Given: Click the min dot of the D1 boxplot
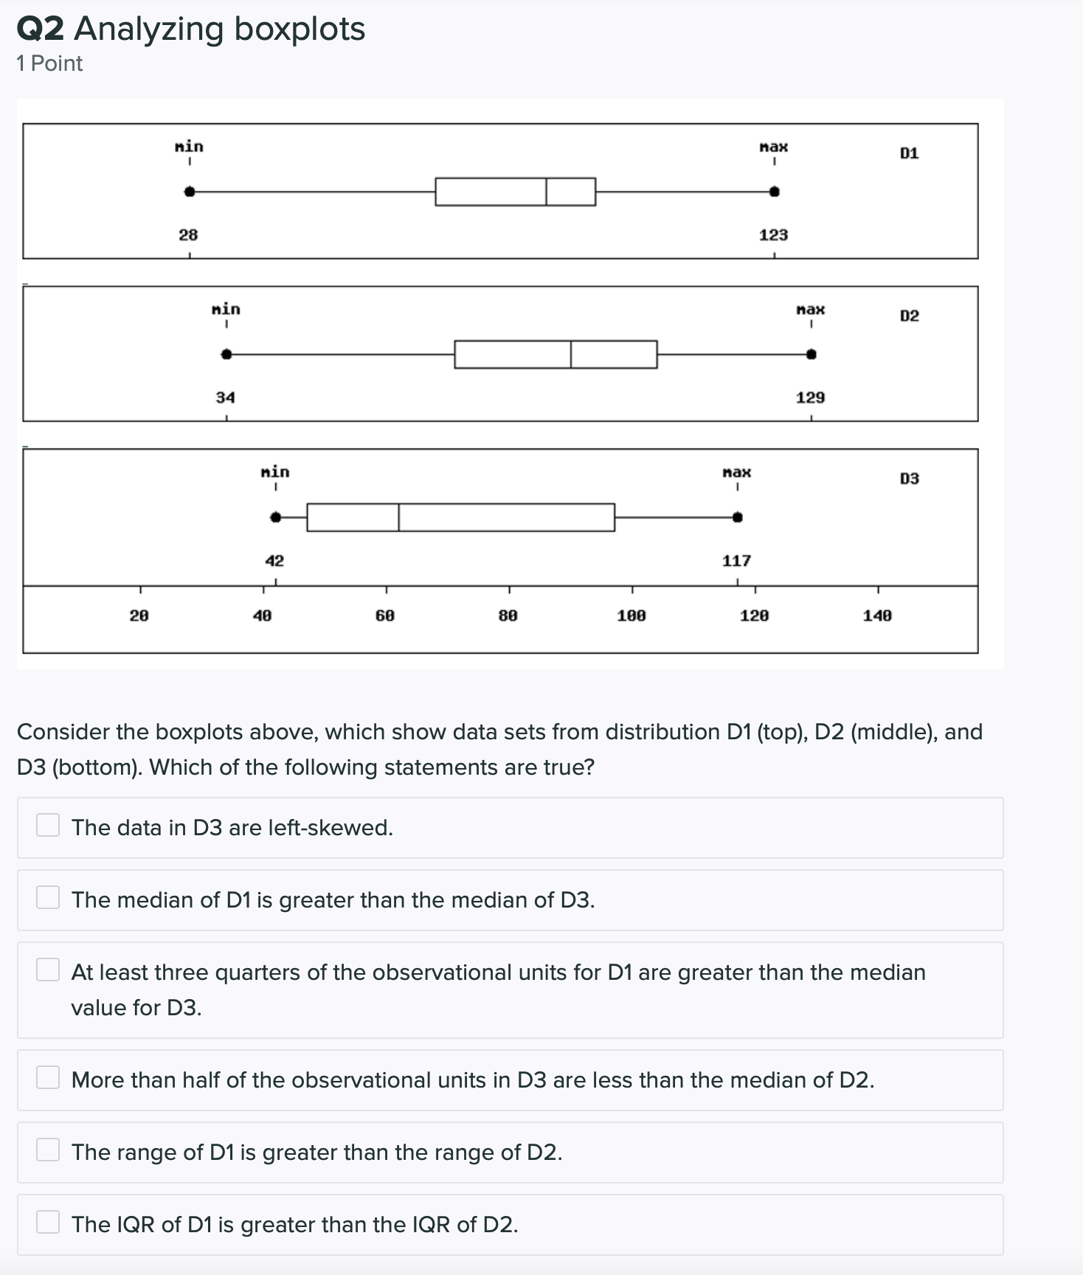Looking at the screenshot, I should [x=190, y=192].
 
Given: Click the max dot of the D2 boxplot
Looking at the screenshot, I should [x=812, y=355].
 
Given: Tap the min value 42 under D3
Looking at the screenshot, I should [x=274, y=561].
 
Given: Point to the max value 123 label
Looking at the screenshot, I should [x=773, y=235].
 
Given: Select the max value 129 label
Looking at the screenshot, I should [x=810, y=398].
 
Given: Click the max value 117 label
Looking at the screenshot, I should [x=736, y=561].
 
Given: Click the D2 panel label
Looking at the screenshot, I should [x=910, y=316].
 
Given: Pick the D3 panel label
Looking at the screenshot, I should [x=910, y=479].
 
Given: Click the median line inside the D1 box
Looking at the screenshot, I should [x=547, y=192].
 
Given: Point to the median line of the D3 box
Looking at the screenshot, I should [x=399, y=517].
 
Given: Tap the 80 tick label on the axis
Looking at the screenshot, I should [x=508, y=615].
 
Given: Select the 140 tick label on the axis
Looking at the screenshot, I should [x=877, y=615].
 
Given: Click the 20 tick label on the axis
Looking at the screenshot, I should [x=139, y=615].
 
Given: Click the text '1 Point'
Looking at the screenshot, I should [x=49, y=64].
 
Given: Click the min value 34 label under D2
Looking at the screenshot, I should [x=225, y=398].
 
